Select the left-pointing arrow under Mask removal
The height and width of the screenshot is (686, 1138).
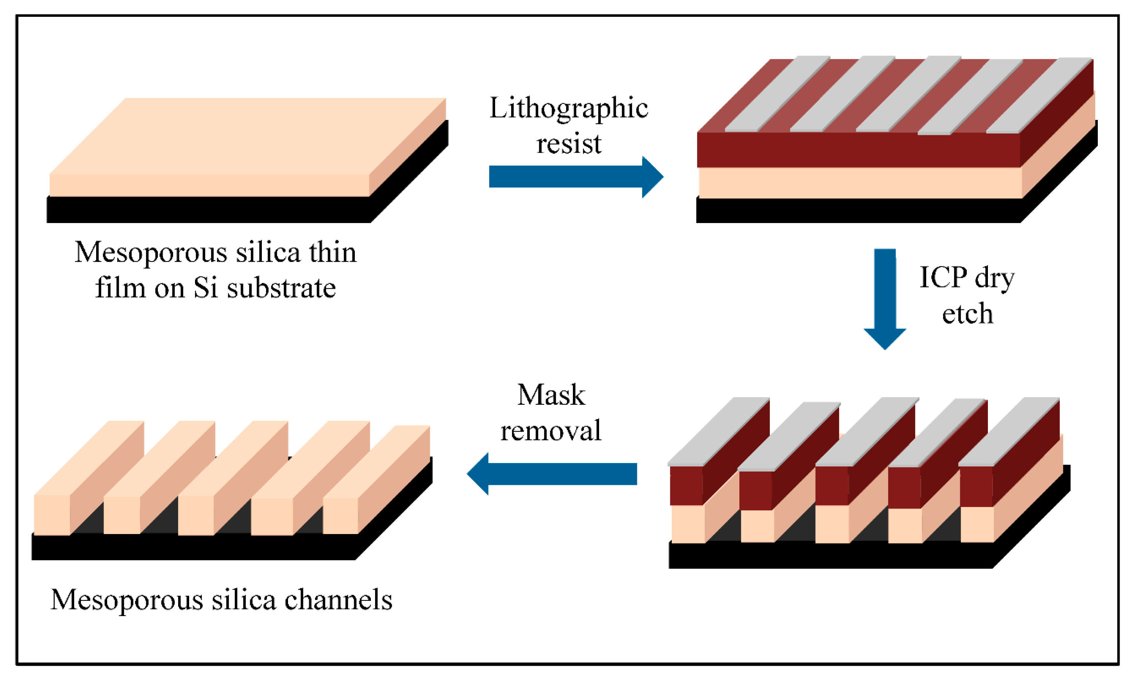(x=554, y=474)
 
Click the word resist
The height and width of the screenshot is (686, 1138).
(x=569, y=144)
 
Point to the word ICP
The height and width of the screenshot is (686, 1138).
(x=943, y=278)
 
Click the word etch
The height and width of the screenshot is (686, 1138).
(x=967, y=314)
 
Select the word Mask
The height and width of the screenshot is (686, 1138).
(x=551, y=395)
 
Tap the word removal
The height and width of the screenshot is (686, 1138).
(x=551, y=430)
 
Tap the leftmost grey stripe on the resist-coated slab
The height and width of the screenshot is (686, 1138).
(x=776, y=95)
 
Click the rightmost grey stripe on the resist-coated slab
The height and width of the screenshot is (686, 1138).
(x=1039, y=95)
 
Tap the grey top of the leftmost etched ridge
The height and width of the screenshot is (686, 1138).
(x=718, y=432)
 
